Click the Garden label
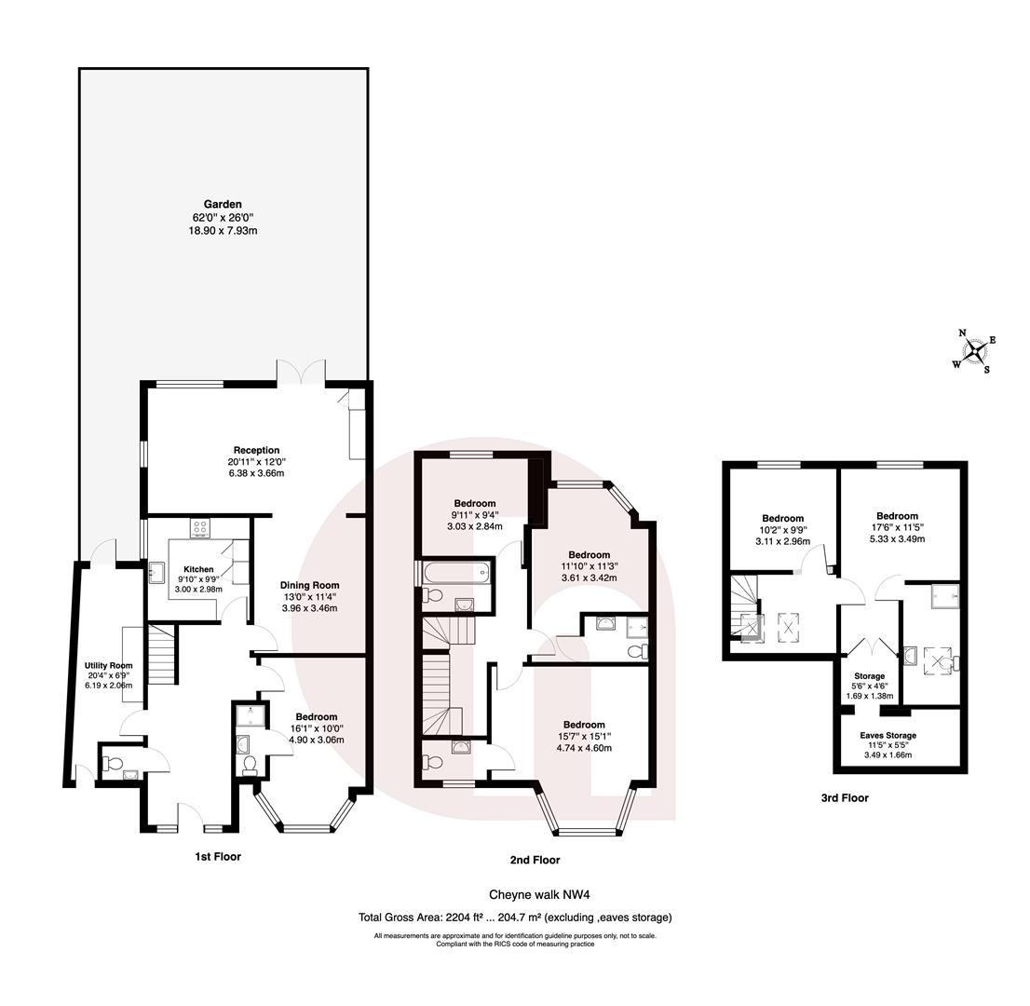[x=224, y=204]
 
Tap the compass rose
[x=974, y=350]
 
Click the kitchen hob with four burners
[x=201, y=528]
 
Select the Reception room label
[x=256, y=450]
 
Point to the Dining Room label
[x=309, y=585]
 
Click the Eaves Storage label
[x=888, y=735]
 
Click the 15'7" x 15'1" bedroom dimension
[x=584, y=736]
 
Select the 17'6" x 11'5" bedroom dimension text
[x=897, y=527]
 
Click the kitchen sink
[x=156, y=571]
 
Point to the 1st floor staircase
[x=162, y=655]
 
